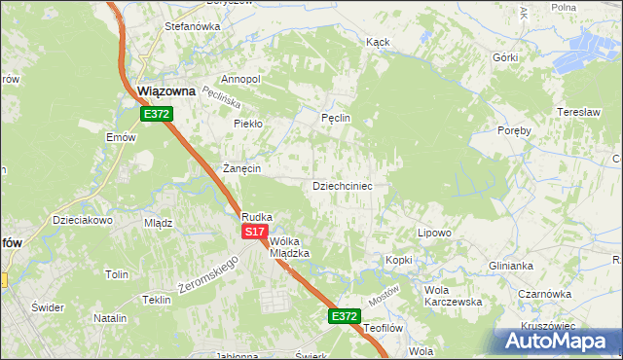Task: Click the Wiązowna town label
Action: [x=166, y=90]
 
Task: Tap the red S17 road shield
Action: [x=254, y=232]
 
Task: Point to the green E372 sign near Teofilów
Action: [x=344, y=316]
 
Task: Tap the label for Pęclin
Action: [x=335, y=118]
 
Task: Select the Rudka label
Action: [x=257, y=217]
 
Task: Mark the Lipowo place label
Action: [x=434, y=233]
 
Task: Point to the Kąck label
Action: [x=378, y=43]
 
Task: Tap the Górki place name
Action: [x=504, y=57]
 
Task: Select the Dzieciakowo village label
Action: [x=84, y=220]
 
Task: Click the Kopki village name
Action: [x=399, y=260]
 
